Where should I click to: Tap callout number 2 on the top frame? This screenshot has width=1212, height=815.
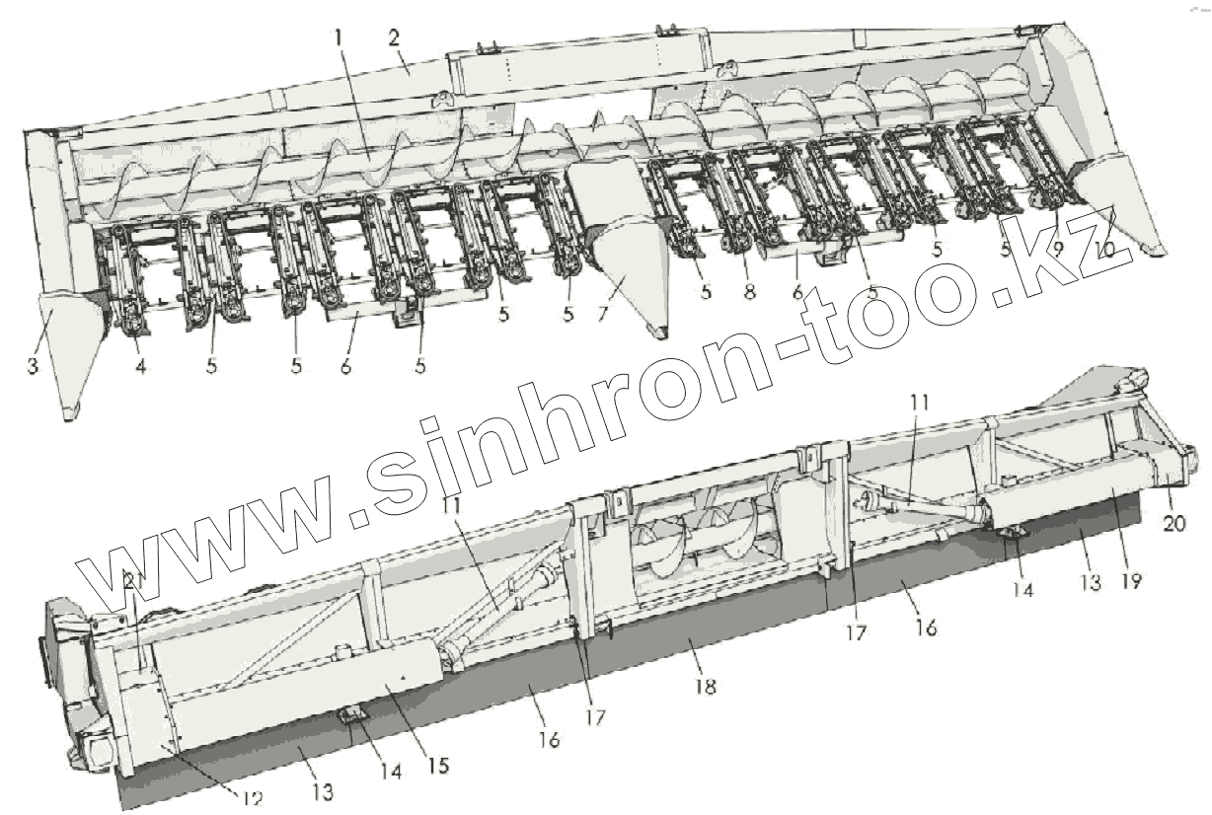pos(393,40)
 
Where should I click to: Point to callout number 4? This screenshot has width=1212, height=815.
pos(141,366)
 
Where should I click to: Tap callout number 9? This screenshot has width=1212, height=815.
pos(1057,249)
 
